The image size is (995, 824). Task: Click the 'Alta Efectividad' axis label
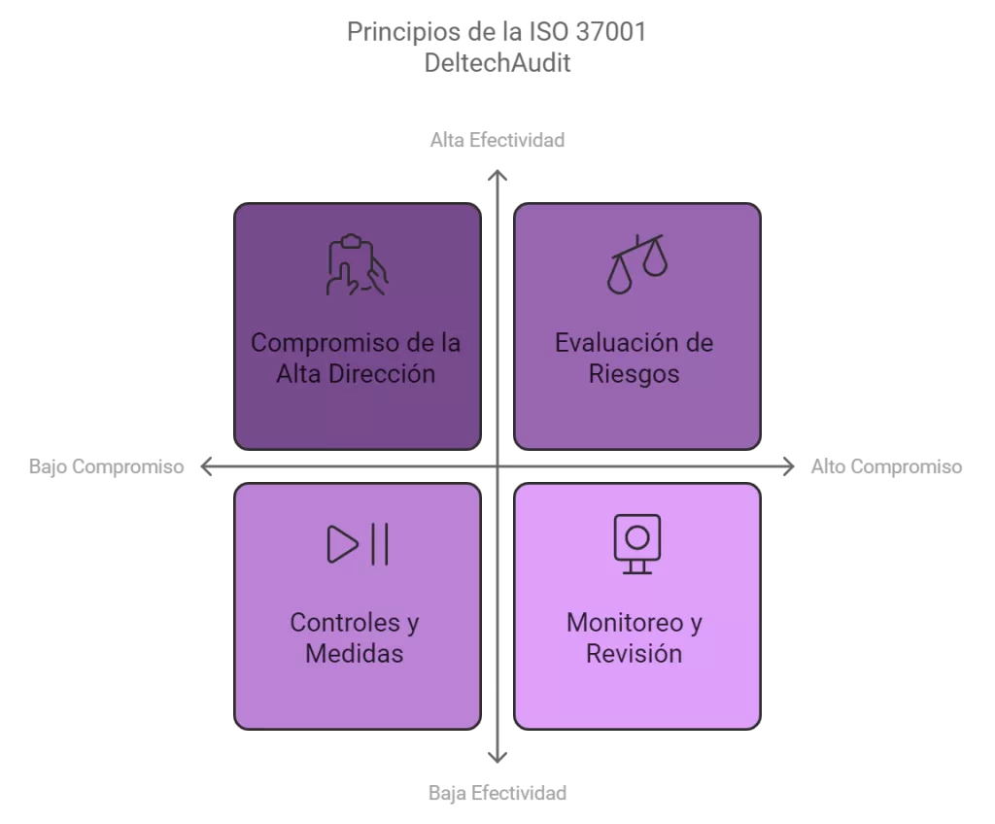pyautogui.click(x=497, y=140)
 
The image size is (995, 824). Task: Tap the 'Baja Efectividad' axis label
pyautogui.click(x=497, y=793)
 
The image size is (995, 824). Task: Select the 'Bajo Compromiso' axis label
pyautogui.click(x=107, y=466)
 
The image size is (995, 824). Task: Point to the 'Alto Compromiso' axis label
pyautogui.click(x=886, y=466)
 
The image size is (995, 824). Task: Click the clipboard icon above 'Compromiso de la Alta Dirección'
pyautogui.click(x=358, y=264)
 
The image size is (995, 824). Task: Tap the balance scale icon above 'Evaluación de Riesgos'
pyautogui.click(x=637, y=264)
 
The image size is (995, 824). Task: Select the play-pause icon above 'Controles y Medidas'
pyautogui.click(x=358, y=544)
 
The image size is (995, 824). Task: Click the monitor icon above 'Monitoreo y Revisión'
pyautogui.click(x=637, y=544)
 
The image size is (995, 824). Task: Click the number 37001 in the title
pyautogui.click(x=611, y=32)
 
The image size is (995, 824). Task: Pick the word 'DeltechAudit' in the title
pyautogui.click(x=497, y=63)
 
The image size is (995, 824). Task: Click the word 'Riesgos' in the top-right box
pyautogui.click(x=634, y=374)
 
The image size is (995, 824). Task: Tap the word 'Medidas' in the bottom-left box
pyautogui.click(x=354, y=653)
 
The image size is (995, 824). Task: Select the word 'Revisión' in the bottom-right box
pyautogui.click(x=634, y=653)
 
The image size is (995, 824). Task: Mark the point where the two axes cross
pyautogui.click(x=497, y=467)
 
